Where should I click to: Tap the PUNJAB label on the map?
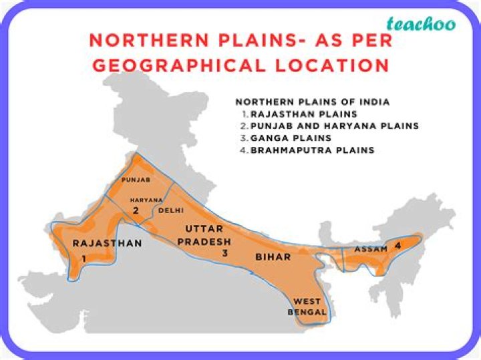tap(136, 180)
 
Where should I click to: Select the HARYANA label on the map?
tap(146, 200)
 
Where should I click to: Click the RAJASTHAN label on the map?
tap(107, 243)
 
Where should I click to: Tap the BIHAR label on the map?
tap(273, 256)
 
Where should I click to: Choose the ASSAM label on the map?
tap(371, 249)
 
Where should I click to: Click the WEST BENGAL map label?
tap(307, 307)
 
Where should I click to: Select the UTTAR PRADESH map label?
tap(208, 235)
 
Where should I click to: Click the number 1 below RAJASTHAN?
tap(85, 258)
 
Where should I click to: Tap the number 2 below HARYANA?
tap(135, 211)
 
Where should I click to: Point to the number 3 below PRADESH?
tap(225, 253)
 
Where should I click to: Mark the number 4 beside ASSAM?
tap(398, 246)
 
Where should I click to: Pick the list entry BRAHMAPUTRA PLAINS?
tap(312, 150)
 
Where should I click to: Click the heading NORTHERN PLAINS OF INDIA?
tap(313, 102)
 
